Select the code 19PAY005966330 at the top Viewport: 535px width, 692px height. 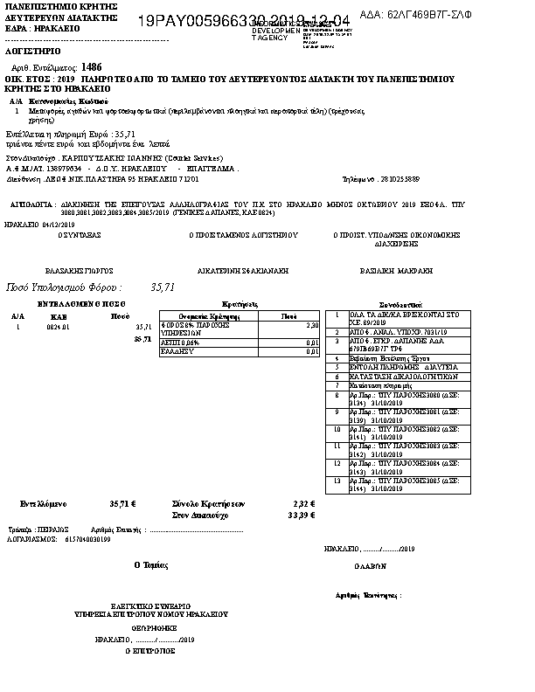click(x=194, y=19)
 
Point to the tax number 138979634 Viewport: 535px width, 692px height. click(x=64, y=168)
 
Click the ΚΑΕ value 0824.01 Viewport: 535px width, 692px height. click(x=59, y=326)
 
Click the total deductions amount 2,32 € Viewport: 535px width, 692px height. click(x=303, y=503)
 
